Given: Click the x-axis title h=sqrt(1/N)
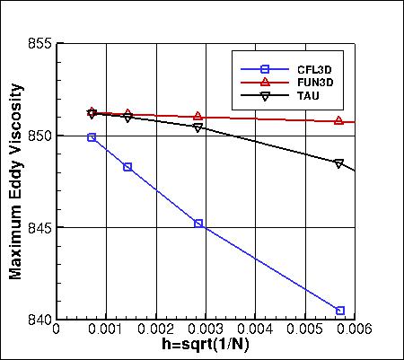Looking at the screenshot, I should (x=206, y=347).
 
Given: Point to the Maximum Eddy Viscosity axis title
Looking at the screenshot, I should (x=16, y=181).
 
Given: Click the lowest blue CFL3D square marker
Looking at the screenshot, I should (x=340, y=311).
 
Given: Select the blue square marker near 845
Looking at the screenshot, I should (x=198, y=223).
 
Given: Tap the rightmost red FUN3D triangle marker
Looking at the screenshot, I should (x=338, y=120).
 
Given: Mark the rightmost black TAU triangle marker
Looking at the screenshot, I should (x=338, y=163).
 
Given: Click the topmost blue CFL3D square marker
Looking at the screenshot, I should (x=92, y=137).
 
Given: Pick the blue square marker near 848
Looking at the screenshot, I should (x=127, y=167).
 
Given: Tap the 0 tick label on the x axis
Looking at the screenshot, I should (x=57, y=329).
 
